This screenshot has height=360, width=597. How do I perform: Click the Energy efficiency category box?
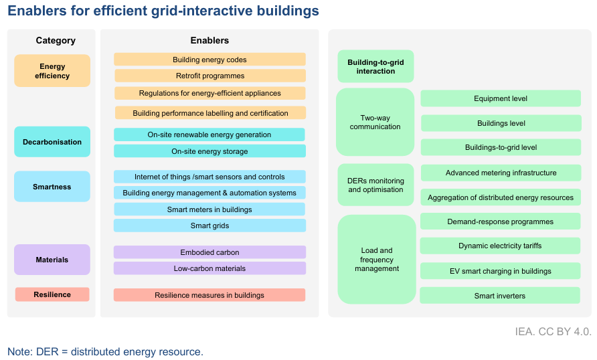(52, 71)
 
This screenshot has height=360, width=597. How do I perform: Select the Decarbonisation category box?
(52, 142)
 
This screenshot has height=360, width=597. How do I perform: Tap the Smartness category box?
(52, 187)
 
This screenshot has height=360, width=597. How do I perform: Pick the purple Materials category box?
(52, 260)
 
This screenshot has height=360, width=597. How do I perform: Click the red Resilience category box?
(52, 294)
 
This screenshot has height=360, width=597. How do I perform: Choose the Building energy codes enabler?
(209, 60)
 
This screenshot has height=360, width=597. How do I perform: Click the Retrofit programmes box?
(209, 76)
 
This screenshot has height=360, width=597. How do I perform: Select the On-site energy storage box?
(209, 151)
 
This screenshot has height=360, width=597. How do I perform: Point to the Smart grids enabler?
(209, 226)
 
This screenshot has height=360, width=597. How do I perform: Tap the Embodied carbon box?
(209, 252)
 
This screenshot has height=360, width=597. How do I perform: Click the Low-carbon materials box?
(209, 268)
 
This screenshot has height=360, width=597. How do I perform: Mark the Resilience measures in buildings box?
(209, 295)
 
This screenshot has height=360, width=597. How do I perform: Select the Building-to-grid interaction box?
(375, 67)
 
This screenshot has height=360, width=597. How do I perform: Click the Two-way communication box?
(375, 122)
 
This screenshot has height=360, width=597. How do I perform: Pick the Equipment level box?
(501, 98)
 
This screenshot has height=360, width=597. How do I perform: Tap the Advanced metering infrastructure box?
(501, 173)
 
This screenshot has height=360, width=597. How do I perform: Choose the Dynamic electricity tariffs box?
(501, 246)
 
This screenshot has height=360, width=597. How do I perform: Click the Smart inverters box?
(501, 296)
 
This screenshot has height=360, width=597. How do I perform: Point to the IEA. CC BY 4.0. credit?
(553, 331)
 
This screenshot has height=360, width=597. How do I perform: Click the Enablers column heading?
(209, 41)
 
